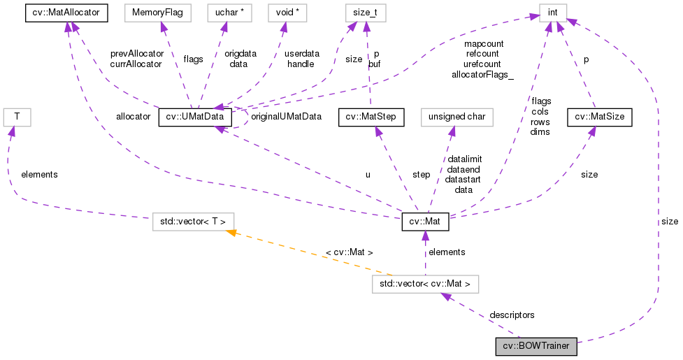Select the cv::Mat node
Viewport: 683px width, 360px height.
click(x=425, y=223)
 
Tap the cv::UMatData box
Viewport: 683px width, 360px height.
click(x=195, y=117)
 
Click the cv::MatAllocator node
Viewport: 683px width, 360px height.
click(x=66, y=12)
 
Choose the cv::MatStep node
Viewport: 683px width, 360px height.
click(x=366, y=117)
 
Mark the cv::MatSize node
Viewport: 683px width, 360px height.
click(x=599, y=117)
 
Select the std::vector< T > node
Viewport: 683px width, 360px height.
click(x=194, y=223)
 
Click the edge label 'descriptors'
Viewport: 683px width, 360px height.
click(x=512, y=315)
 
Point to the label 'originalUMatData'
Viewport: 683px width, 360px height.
click(x=286, y=116)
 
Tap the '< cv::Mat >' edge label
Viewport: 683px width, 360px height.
click(x=350, y=252)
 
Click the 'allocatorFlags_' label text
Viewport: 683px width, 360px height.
click(x=482, y=73)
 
